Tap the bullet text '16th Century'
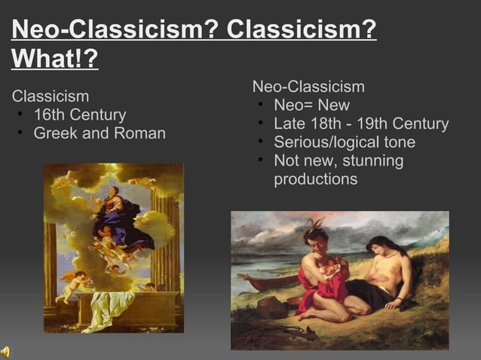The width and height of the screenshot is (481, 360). pyautogui.click(x=79, y=115)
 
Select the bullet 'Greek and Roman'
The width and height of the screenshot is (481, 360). pyautogui.click(x=99, y=134)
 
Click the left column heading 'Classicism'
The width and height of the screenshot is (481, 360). pyautogui.click(x=51, y=96)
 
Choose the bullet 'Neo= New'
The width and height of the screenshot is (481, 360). pyautogui.click(x=311, y=105)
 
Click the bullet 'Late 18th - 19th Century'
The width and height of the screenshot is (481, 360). pyautogui.click(x=360, y=124)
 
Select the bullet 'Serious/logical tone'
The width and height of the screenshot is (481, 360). pyautogui.click(x=344, y=142)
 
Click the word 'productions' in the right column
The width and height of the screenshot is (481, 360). pyautogui.click(x=315, y=179)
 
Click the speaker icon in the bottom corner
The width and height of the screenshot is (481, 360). pyautogui.click(x=6, y=351)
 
